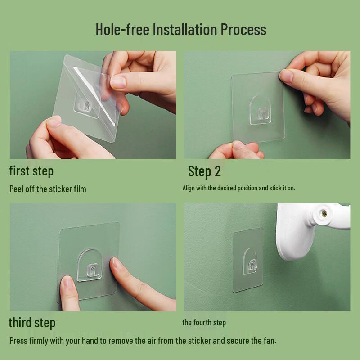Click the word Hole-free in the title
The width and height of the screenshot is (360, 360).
pos(122,29)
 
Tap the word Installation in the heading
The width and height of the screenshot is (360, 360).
pos(185,29)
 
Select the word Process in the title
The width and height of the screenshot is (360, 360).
pos(243,29)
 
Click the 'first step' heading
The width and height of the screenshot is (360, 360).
pos(31,171)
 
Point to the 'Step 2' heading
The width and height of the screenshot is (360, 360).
pos(204,171)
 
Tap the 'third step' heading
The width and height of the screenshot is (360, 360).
pos(32,323)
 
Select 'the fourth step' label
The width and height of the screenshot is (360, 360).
pos(204,323)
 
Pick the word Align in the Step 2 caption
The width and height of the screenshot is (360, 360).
pos(189,188)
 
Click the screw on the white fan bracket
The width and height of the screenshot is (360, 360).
pos(324,214)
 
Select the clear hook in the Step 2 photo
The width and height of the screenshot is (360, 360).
pos(261,111)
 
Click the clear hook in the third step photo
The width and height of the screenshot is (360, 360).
pos(89,265)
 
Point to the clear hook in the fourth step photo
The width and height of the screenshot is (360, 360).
pos(250,261)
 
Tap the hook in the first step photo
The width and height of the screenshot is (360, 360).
pos(86,106)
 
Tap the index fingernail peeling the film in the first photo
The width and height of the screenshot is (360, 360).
pos(118,82)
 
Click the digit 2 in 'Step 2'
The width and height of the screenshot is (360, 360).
pos(217,171)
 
